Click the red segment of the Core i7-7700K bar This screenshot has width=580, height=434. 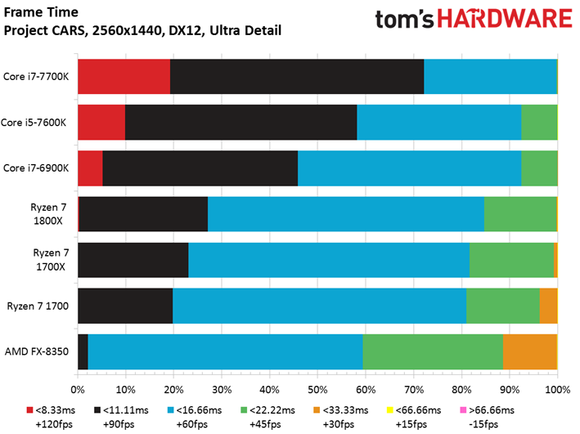tap(124, 76)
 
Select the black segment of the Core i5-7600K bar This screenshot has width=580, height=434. tap(241, 122)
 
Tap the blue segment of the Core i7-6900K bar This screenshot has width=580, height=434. tap(409, 168)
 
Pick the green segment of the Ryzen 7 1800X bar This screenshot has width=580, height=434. tap(519, 214)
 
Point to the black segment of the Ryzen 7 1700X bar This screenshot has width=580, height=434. tap(133, 260)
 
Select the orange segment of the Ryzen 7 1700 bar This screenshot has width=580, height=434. tap(548, 306)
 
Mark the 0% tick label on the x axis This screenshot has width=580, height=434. tap(78, 390)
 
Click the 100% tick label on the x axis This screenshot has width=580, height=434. tap(556, 390)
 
